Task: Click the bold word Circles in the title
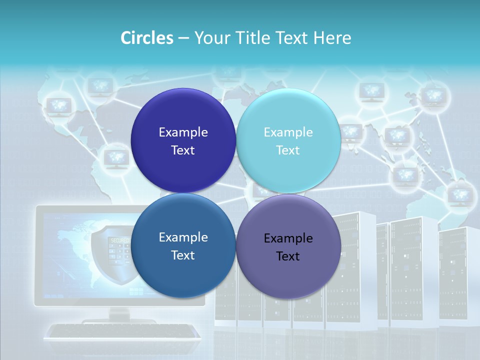point(147,38)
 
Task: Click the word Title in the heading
point(253,38)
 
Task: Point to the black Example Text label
point(288,247)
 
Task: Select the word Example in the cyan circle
point(288,132)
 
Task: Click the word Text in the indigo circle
point(183,150)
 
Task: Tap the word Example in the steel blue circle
point(183,237)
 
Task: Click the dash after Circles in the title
point(183,38)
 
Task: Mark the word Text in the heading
point(291,38)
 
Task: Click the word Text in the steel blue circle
point(183,255)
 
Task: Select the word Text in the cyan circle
point(288,150)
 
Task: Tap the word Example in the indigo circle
point(183,132)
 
